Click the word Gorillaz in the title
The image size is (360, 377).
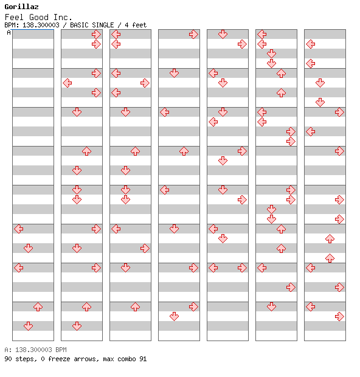21,7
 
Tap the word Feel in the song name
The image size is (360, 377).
14,17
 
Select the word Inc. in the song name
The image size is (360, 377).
63,17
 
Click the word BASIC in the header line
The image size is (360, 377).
80,25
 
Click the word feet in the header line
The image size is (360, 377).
139,25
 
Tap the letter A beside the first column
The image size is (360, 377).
9,32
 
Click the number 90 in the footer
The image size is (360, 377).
8,359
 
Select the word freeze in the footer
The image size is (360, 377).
59,359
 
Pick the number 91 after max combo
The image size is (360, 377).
143,359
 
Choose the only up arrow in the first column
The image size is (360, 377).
38,307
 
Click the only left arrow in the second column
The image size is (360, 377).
67,83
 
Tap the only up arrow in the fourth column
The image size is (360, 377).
184,151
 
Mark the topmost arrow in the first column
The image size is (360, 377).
19,229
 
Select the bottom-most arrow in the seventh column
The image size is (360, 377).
339,317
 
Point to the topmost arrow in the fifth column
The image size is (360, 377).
223,35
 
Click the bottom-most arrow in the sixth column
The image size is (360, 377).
271,307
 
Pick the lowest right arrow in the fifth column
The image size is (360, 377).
242,268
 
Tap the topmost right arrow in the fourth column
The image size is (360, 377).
193,35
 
